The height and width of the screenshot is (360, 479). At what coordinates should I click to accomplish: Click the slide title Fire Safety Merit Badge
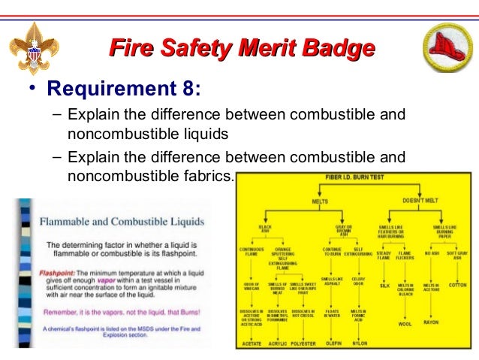(242, 49)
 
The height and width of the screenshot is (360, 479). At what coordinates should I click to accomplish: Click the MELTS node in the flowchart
(320, 201)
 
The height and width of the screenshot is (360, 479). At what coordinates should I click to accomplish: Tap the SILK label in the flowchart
(384, 286)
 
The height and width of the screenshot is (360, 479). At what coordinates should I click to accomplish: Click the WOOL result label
(405, 324)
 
